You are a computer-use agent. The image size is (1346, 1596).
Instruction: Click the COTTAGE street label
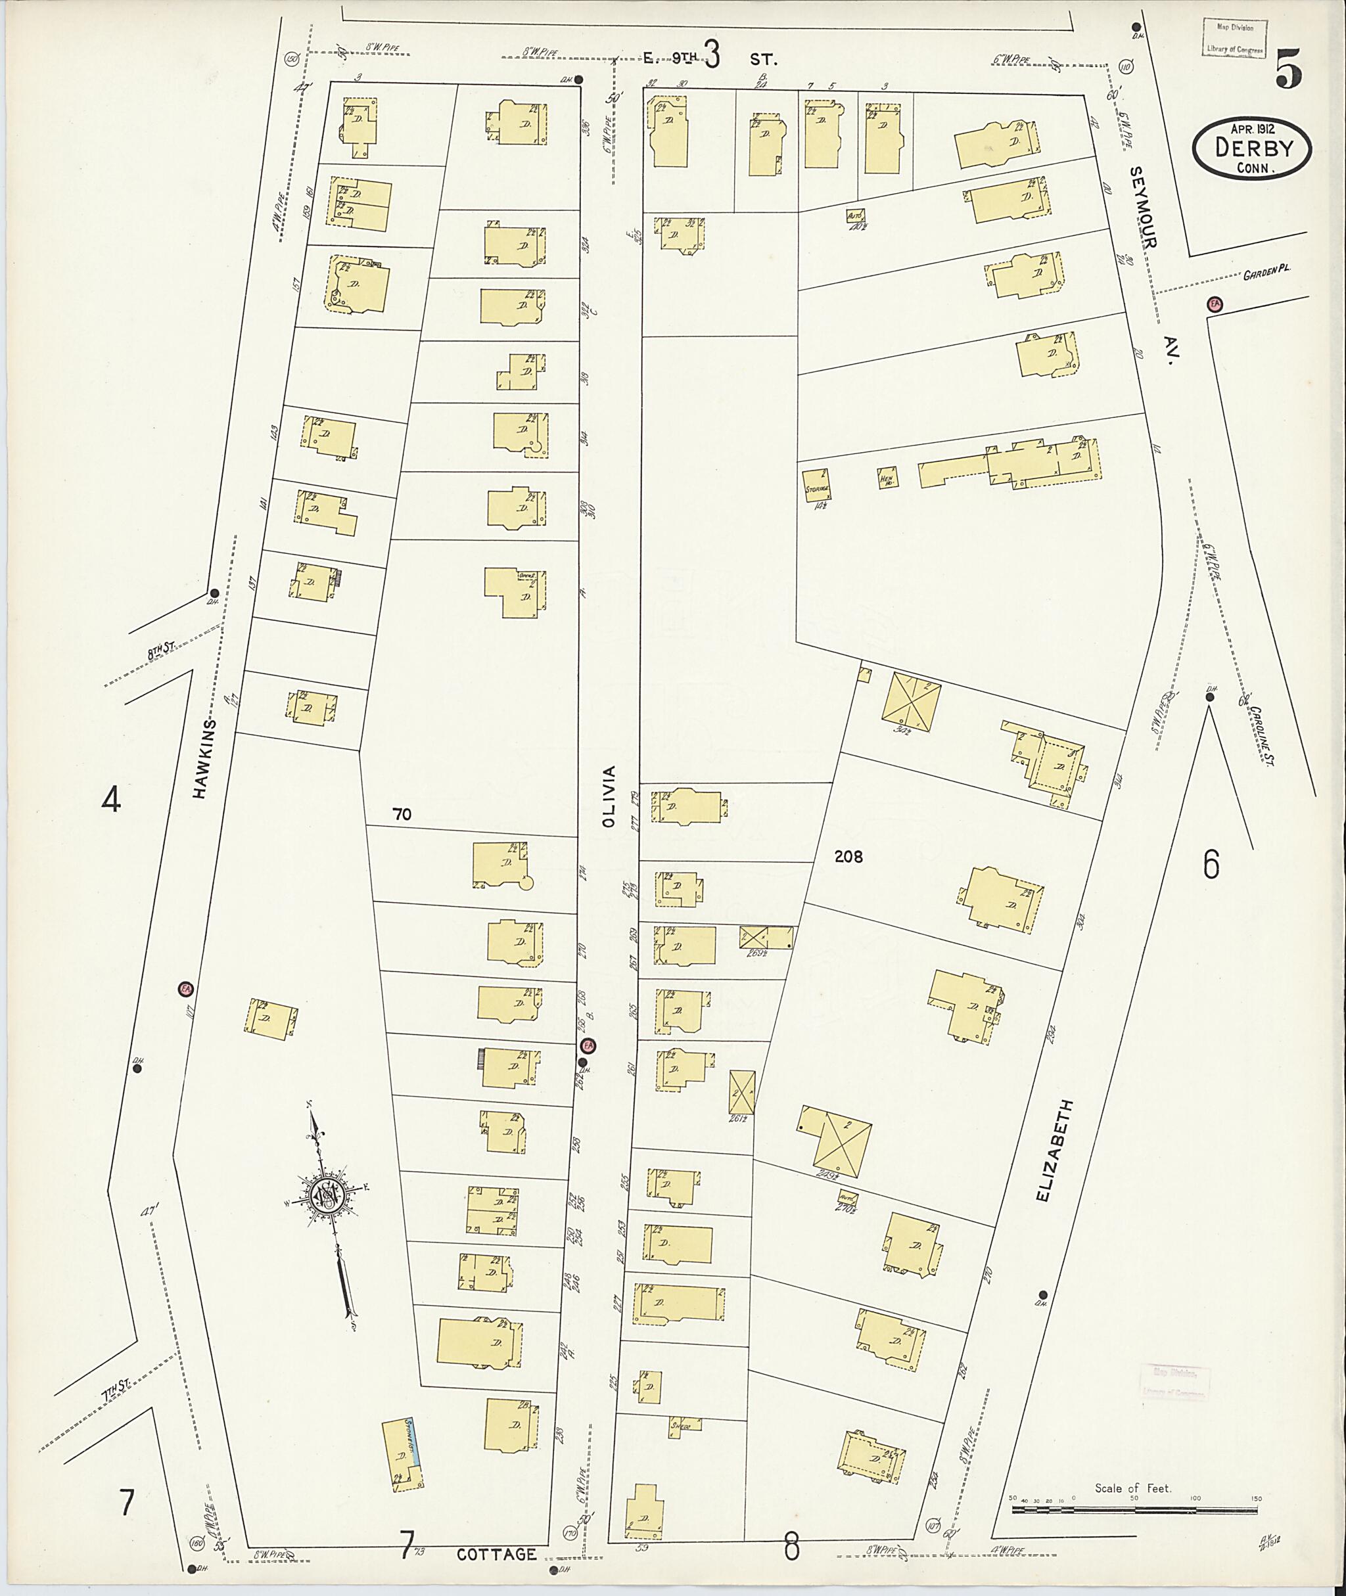coord(497,1554)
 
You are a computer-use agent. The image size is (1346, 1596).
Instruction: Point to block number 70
coord(402,815)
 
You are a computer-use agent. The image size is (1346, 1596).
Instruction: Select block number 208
coord(848,857)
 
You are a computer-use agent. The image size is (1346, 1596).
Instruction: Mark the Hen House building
coord(887,478)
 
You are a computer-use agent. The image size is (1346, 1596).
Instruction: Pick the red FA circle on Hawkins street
coord(185,990)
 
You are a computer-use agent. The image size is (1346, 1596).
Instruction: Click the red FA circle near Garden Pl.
coord(1215,304)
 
